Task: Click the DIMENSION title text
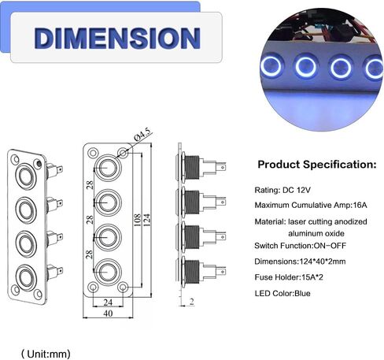[x=117, y=38]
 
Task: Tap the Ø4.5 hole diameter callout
[x=143, y=135]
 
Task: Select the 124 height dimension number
[x=147, y=220]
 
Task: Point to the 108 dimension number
[x=137, y=220]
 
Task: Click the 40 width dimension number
[x=108, y=314]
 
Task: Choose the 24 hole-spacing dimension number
[x=108, y=302]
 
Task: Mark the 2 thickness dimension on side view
[x=192, y=302]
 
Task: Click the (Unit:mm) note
[x=46, y=354]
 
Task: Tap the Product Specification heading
[x=317, y=165]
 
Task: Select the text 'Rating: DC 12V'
[x=282, y=190]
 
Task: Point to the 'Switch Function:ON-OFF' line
[x=300, y=246]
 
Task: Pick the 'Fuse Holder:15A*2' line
[x=289, y=277]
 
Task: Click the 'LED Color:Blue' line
[x=282, y=293]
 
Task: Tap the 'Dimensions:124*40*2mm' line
[x=300, y=262]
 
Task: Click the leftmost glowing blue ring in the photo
[x=271, y=65]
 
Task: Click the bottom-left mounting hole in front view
[x=93, y=288]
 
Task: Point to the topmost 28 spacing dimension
[x=90, y=185]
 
